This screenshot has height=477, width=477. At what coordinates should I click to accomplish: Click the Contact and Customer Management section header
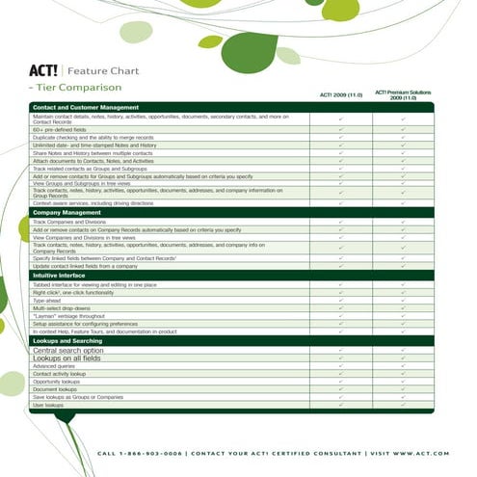click(86, 107)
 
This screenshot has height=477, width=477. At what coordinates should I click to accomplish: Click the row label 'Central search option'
click(67, 351)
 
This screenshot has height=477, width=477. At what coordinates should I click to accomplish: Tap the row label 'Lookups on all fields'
click(67, 358)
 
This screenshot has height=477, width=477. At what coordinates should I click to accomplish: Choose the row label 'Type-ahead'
click(47, 300)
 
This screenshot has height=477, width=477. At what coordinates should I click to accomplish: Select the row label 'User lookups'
click(47, 406)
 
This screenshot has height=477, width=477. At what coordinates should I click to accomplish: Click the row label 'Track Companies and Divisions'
click(69, 222)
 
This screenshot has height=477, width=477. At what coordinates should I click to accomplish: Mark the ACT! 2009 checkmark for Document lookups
click(341, 390)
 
